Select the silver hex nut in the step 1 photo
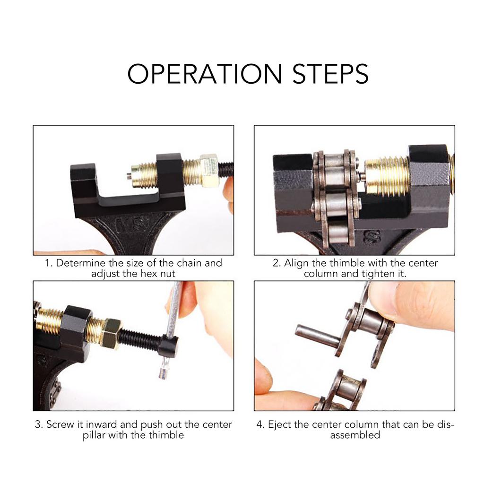click(x=208, y=170)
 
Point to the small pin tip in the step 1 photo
click(x=129, y=176)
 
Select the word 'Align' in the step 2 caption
click(x=296, y=263)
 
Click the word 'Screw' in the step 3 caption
click(x=60, y=424)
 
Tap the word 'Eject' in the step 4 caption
click(x=279, y=424)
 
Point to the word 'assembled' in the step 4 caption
click(x=355, y=435)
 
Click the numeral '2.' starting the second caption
click(x=277, y=263)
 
